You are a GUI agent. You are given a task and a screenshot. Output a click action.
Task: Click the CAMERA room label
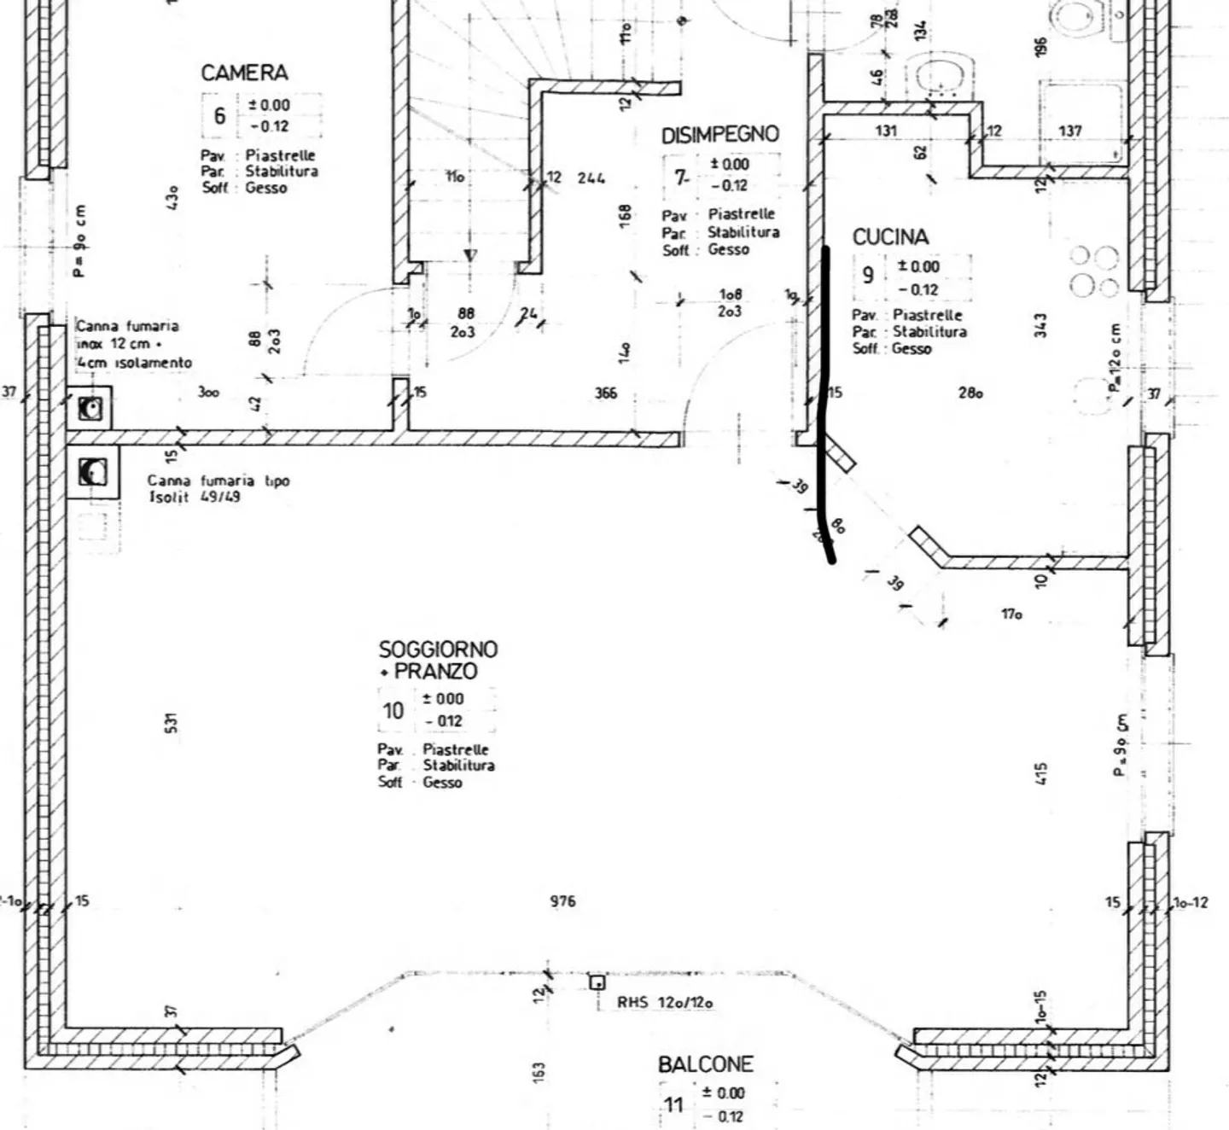coord(244,73)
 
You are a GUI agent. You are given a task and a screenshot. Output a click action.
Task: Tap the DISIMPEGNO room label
coord(719,135)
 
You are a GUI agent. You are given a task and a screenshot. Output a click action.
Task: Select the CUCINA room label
coord(890,236)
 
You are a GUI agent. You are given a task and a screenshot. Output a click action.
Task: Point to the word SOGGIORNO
coord(438,649)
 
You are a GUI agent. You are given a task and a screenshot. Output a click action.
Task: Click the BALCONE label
coord(705,1064)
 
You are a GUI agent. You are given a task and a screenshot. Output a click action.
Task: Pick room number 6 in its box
coord(219,115)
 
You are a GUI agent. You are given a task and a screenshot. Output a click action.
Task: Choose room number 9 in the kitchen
coord(868,275)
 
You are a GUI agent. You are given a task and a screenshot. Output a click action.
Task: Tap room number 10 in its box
coord(393,710)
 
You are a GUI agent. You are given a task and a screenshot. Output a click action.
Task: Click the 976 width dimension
coord(562,901)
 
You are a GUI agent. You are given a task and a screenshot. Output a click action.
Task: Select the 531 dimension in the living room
coord(172,723)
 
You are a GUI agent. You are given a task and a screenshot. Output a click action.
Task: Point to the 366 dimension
coord(606,393)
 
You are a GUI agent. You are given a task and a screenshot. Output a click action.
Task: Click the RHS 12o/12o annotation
coord(665,1003)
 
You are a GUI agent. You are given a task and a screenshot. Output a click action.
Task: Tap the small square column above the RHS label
coord(597,982)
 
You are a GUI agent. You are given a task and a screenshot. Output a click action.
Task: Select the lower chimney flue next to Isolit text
coord(92,471)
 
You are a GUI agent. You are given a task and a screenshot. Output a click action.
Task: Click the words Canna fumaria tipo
coord(218,481)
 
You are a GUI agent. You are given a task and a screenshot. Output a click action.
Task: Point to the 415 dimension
coord(1040,773)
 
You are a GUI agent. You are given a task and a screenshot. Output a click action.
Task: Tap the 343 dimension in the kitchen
coord(1040,324)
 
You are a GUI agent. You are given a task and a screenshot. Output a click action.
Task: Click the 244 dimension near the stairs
coord(591,178)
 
